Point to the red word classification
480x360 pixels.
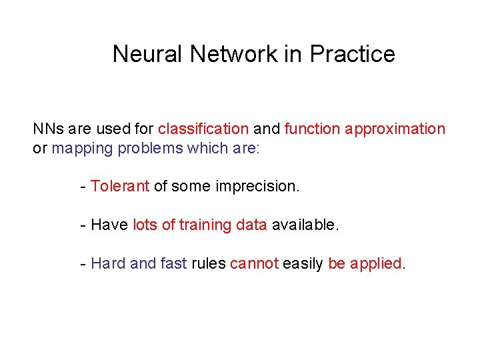click(203, 129)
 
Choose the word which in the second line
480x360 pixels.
click(207, 148)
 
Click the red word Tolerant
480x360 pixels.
click(120, 187)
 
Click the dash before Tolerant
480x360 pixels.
click(82, 187)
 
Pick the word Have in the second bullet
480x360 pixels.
click(109, 225)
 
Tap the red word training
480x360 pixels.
click(205, 225)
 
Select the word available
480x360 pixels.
click(305, 225)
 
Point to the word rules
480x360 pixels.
click(209, 264)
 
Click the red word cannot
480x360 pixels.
click(254, 264)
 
